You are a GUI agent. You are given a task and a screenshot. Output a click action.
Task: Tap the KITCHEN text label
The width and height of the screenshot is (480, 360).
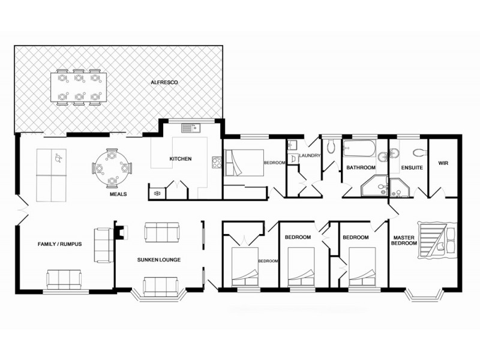point(180,159)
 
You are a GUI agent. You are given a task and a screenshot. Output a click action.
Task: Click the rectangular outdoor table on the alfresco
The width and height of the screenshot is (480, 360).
point(79,86)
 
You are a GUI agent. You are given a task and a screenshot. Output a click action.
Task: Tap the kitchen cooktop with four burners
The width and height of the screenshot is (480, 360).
point(217,162)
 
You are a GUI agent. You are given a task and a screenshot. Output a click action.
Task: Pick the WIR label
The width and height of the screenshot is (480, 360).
point(443,163)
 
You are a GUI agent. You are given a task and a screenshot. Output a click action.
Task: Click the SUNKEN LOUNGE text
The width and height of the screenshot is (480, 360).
point(160,259)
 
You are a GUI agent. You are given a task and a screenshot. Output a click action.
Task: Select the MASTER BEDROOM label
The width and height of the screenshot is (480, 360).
point(404,240)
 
